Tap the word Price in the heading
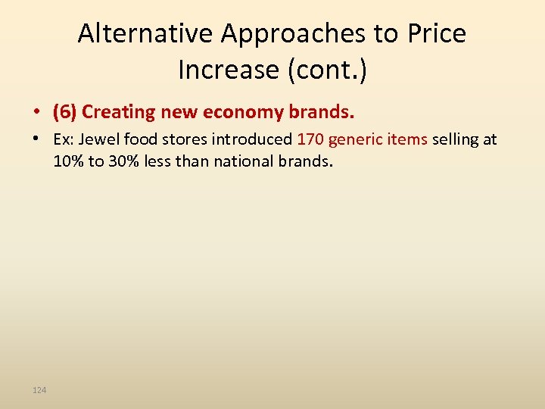(x=437, y=34)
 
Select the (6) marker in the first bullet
(x=65, y=112)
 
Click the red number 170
(x=310, y=139)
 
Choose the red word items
(x=407, y=139)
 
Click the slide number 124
(x=39, y=390)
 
